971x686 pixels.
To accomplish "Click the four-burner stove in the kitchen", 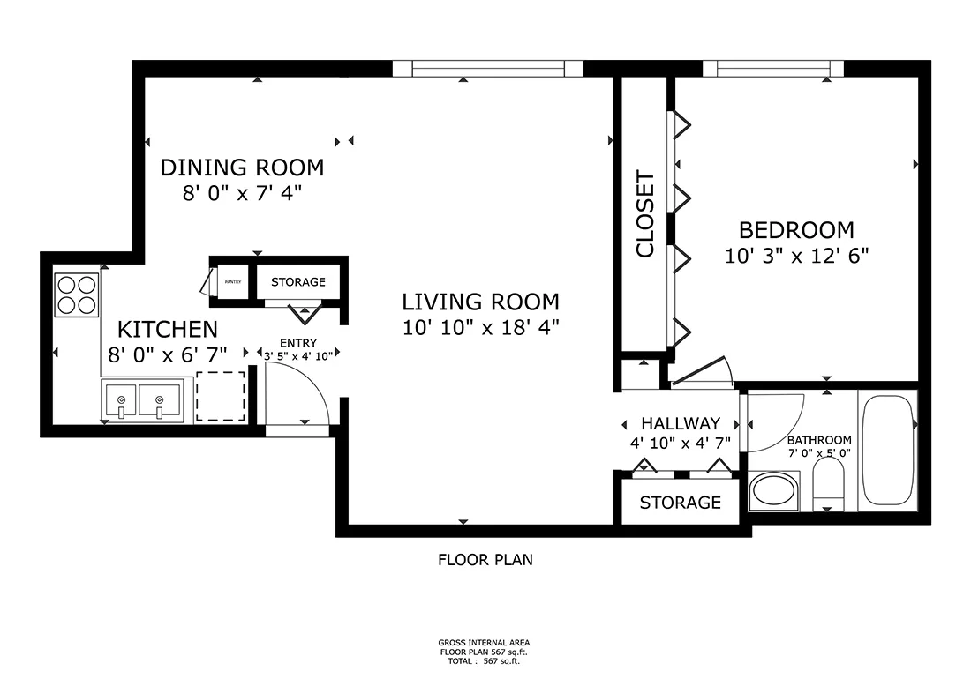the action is click(77, 295).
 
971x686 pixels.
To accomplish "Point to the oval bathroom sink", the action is click(773, 492).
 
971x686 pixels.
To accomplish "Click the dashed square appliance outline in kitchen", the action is click(221, 396).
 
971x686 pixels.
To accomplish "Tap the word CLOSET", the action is click(645, 214).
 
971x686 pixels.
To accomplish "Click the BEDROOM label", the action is click(796, 230).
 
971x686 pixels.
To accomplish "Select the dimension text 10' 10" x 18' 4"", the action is click(481, 327).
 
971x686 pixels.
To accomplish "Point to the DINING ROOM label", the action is click(242, 168).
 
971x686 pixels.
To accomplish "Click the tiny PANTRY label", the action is click(233, 282).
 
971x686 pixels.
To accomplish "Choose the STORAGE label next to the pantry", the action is click(298, 282).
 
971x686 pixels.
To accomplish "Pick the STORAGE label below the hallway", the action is click(681, 503).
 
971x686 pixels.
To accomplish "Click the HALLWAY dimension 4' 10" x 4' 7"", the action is click(681, 444).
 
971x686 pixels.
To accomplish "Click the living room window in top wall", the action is click(488, 69).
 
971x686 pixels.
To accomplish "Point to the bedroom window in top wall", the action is click(773, 69).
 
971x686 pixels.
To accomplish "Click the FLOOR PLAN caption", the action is click(485, 560).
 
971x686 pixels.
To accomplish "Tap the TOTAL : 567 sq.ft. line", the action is click(484, 661).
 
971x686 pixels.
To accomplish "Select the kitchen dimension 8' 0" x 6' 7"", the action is click(167, 354).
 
